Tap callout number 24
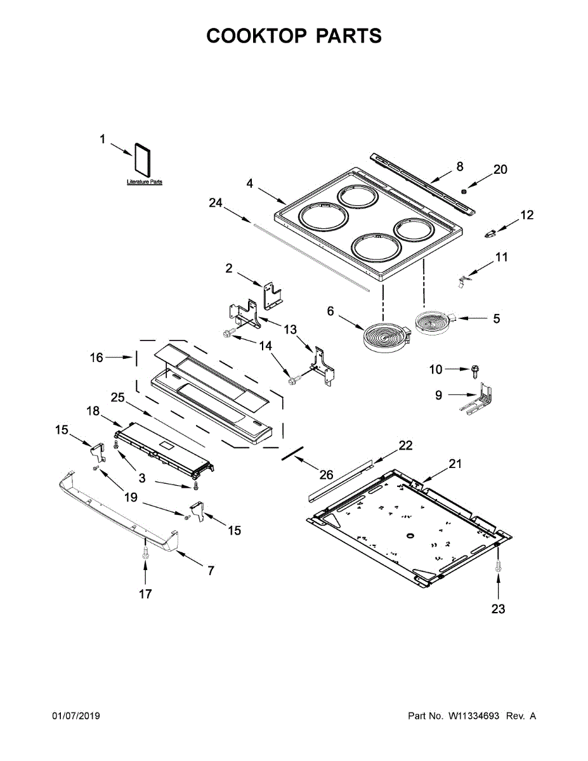coord(216,203)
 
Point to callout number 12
coord(526,215)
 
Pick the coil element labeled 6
coord(385,336)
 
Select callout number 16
coord(96,358)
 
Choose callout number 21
coord(455,464)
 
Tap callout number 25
coord(117,398)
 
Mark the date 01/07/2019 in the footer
coord(75,716)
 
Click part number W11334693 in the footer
coord(476,716)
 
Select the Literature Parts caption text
coord(144,182)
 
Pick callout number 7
coord(211,571)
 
